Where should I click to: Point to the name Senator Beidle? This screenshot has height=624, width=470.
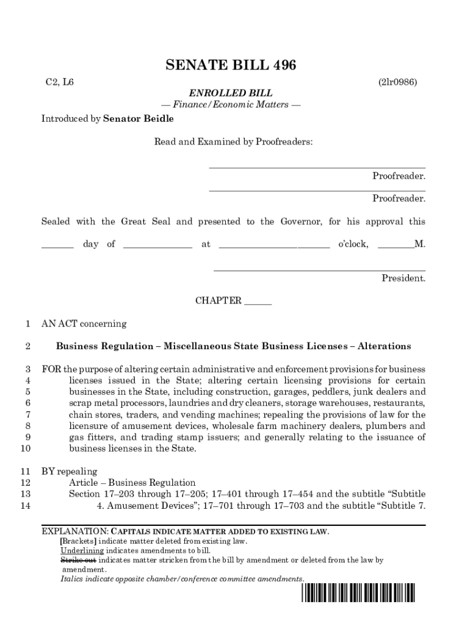pos(139,119)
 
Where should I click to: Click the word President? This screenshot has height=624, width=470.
pos(403,278)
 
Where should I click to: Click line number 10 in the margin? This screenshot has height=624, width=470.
pos(25,448)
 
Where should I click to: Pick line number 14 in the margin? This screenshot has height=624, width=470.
pos(25,505)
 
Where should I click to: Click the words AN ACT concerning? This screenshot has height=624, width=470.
pos(84,324)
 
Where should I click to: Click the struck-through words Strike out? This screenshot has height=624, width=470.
pos(78,559)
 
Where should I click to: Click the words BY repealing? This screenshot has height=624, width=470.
pos(69,471)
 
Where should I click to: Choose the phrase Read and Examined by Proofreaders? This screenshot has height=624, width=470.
pos(233,142)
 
